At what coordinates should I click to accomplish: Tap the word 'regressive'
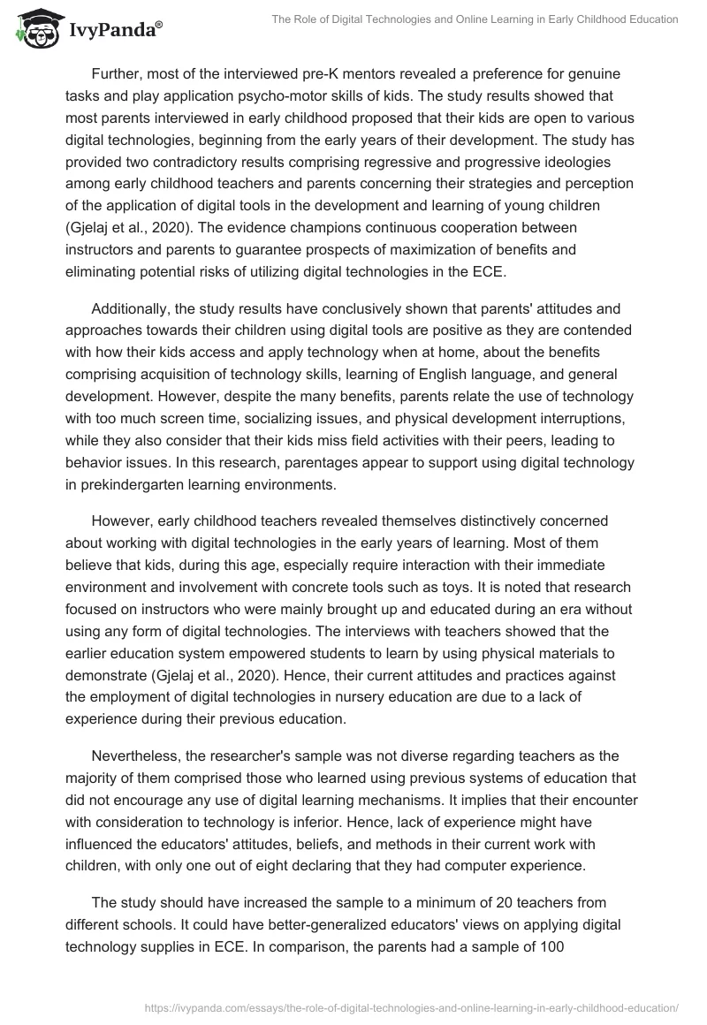click(429, 163)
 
